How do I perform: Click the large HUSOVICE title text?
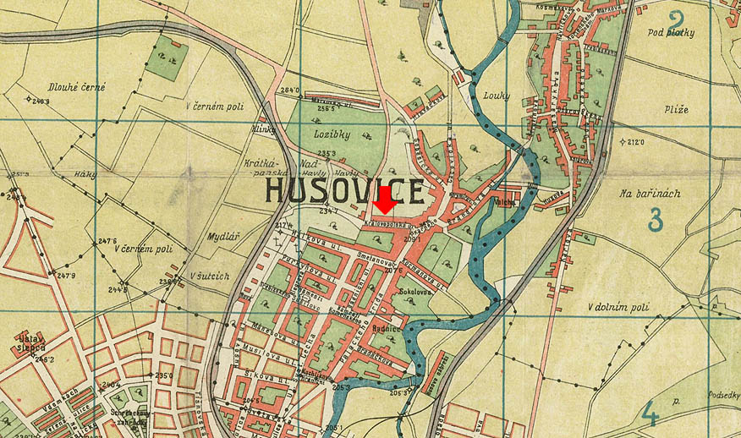[344, 190]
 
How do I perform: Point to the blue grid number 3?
[654, 218]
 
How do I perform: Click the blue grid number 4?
[650, 413]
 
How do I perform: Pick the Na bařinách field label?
[649, 194]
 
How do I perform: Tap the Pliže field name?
[676, 110]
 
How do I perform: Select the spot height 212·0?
[640, 142]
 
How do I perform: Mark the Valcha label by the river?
[505, 203]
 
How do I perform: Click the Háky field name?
[84, 174]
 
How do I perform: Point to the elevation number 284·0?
[290, 90]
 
